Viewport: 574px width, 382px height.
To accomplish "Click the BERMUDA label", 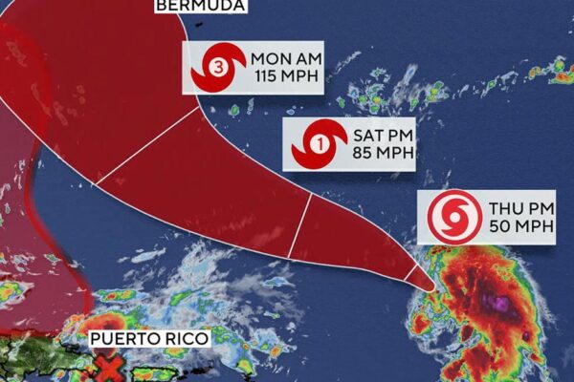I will coord(200,6).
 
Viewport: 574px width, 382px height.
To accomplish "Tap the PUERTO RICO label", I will coord(146,339).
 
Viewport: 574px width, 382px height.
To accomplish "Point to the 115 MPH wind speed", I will coord(283,78).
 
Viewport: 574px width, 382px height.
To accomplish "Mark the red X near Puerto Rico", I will coord(112,367).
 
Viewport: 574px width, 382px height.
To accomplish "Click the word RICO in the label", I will coord(182,339).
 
